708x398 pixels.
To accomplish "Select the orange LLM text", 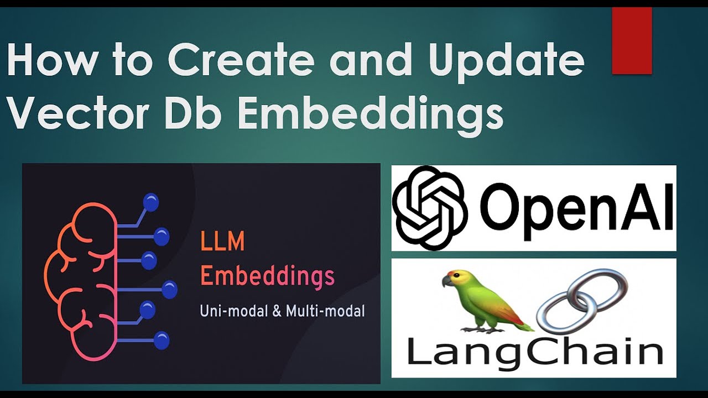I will click(222, 243).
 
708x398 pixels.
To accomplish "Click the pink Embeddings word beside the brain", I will click(267, 277).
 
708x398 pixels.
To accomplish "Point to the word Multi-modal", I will click(325, 311).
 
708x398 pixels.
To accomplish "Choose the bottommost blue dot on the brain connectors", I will click(161, 341).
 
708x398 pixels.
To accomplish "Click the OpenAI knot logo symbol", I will click(430, 208).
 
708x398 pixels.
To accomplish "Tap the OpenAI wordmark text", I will click(577, 210).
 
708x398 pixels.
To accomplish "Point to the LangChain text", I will click(534, 352).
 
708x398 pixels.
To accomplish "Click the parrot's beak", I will click(446, 281).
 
